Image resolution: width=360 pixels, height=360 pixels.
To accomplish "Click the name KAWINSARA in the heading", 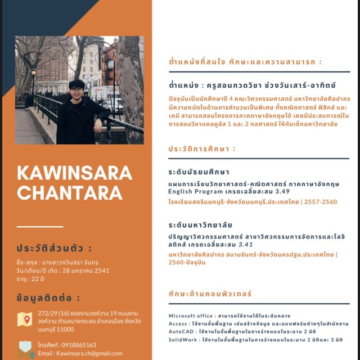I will click(74, 173).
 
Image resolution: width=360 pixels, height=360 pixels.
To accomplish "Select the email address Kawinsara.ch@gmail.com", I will click(87, 353).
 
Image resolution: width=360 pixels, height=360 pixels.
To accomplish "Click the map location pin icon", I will click(25, 319).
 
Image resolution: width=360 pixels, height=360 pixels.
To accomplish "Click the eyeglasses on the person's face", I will click(77, 89).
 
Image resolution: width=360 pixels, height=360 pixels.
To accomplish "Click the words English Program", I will click(194, 192).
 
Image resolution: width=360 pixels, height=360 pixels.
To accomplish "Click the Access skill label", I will click(178, 324).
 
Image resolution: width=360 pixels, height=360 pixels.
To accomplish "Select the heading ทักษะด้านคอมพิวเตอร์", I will click(210, 294).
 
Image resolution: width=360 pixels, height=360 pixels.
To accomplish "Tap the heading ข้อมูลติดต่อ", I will click(48, 298).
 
